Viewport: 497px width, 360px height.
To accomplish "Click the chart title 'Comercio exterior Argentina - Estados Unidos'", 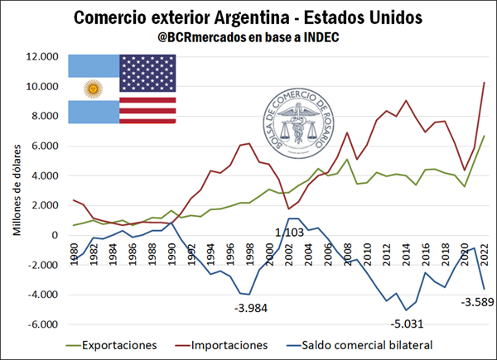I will point(248,17).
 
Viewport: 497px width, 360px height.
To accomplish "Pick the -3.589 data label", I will point(466,300).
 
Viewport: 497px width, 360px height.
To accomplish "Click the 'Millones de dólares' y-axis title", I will point(17,190).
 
